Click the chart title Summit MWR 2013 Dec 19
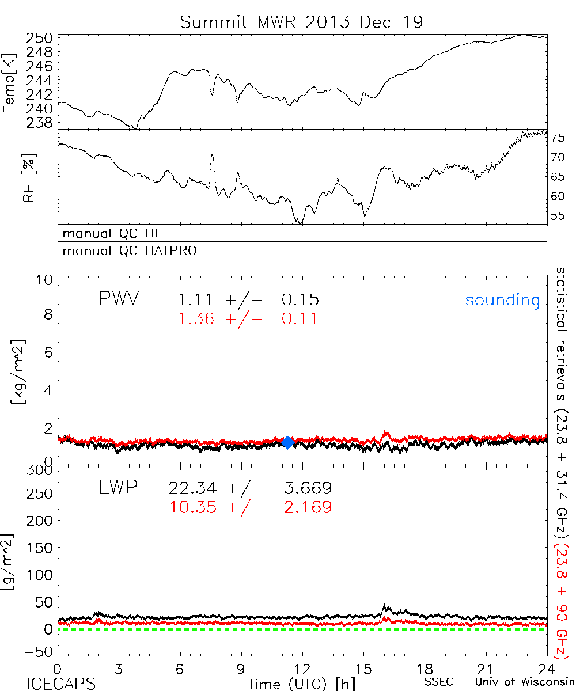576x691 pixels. point(301,22)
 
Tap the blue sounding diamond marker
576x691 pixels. point(288,442)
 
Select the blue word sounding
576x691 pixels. point(503,300)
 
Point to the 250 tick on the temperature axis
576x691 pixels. point(40,39)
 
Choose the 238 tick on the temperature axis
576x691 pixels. point(40,123)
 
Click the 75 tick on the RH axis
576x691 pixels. point(558,137)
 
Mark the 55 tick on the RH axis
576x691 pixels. point(558,216)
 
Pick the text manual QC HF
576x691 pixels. point(109,233)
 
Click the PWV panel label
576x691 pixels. point(119,299)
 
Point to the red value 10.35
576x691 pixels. point(192,507)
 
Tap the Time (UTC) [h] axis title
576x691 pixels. point(294,684)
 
